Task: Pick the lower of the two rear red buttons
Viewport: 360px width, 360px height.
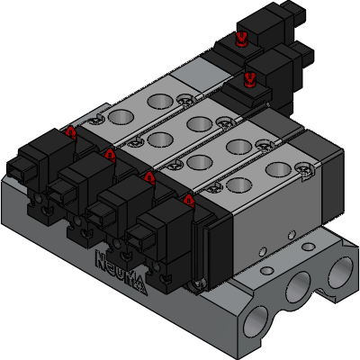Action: pos(251,78)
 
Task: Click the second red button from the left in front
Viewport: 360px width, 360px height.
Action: pos(110,154)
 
